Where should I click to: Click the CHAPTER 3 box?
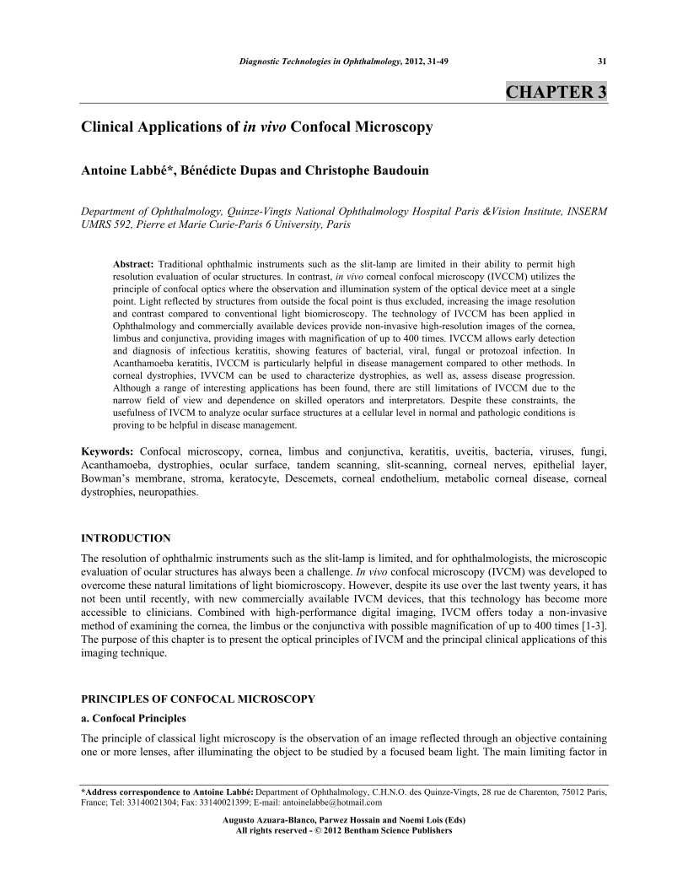556,92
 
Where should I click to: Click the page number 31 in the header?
602,61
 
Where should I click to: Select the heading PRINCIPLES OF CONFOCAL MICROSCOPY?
197,699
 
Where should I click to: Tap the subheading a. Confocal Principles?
132,719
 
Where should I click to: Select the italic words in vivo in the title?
261,128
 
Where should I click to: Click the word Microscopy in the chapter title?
391,128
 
